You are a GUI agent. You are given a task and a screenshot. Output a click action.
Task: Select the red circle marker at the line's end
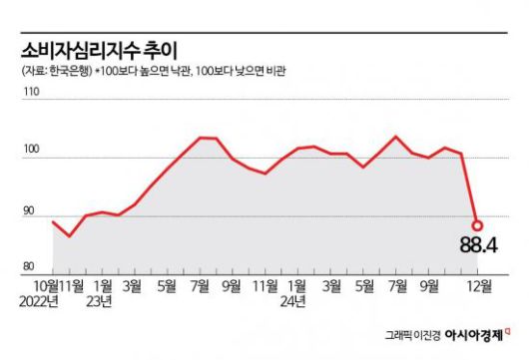[x=477, y=225]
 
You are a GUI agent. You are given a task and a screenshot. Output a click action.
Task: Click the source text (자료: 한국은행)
[x=54, y=72]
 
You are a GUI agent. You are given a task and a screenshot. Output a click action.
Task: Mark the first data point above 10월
[x=52, y=221]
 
